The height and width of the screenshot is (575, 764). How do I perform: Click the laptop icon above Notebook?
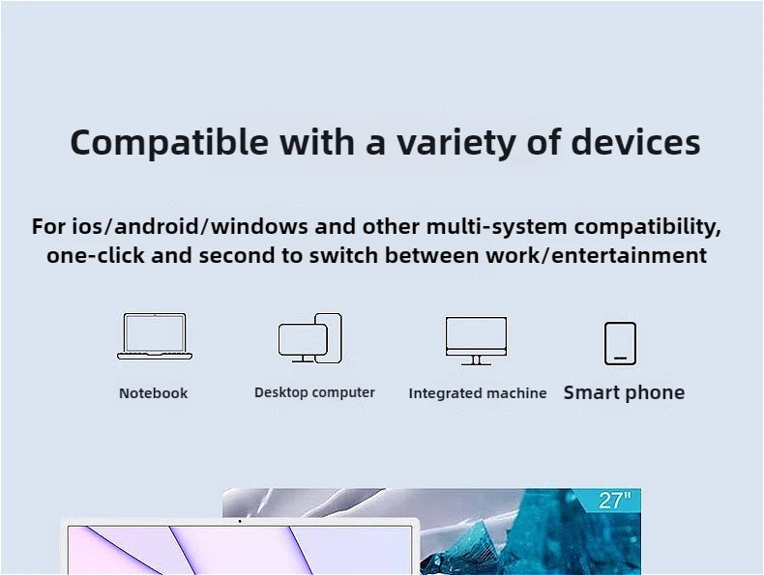(155, 336)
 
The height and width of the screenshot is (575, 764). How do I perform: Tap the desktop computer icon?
(310, 338)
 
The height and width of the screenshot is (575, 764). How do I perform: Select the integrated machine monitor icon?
(476, 340)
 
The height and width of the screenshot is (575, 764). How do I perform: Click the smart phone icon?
(620, 343)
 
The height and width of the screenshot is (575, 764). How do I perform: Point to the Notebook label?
(153, 393)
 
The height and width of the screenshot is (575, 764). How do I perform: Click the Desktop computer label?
(314, 392)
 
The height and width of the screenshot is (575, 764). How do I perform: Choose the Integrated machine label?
(477, 393)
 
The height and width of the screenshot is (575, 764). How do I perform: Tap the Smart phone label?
(624, 392)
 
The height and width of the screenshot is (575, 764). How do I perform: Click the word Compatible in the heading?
(169, 143)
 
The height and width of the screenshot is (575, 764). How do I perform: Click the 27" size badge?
(614, 501)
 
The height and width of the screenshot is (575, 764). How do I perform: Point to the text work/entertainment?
(609, 256)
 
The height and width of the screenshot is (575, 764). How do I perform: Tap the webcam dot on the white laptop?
(240, 522)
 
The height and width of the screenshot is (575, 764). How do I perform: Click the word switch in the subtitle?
(350, 256)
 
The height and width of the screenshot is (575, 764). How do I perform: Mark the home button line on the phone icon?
(620, 359)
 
